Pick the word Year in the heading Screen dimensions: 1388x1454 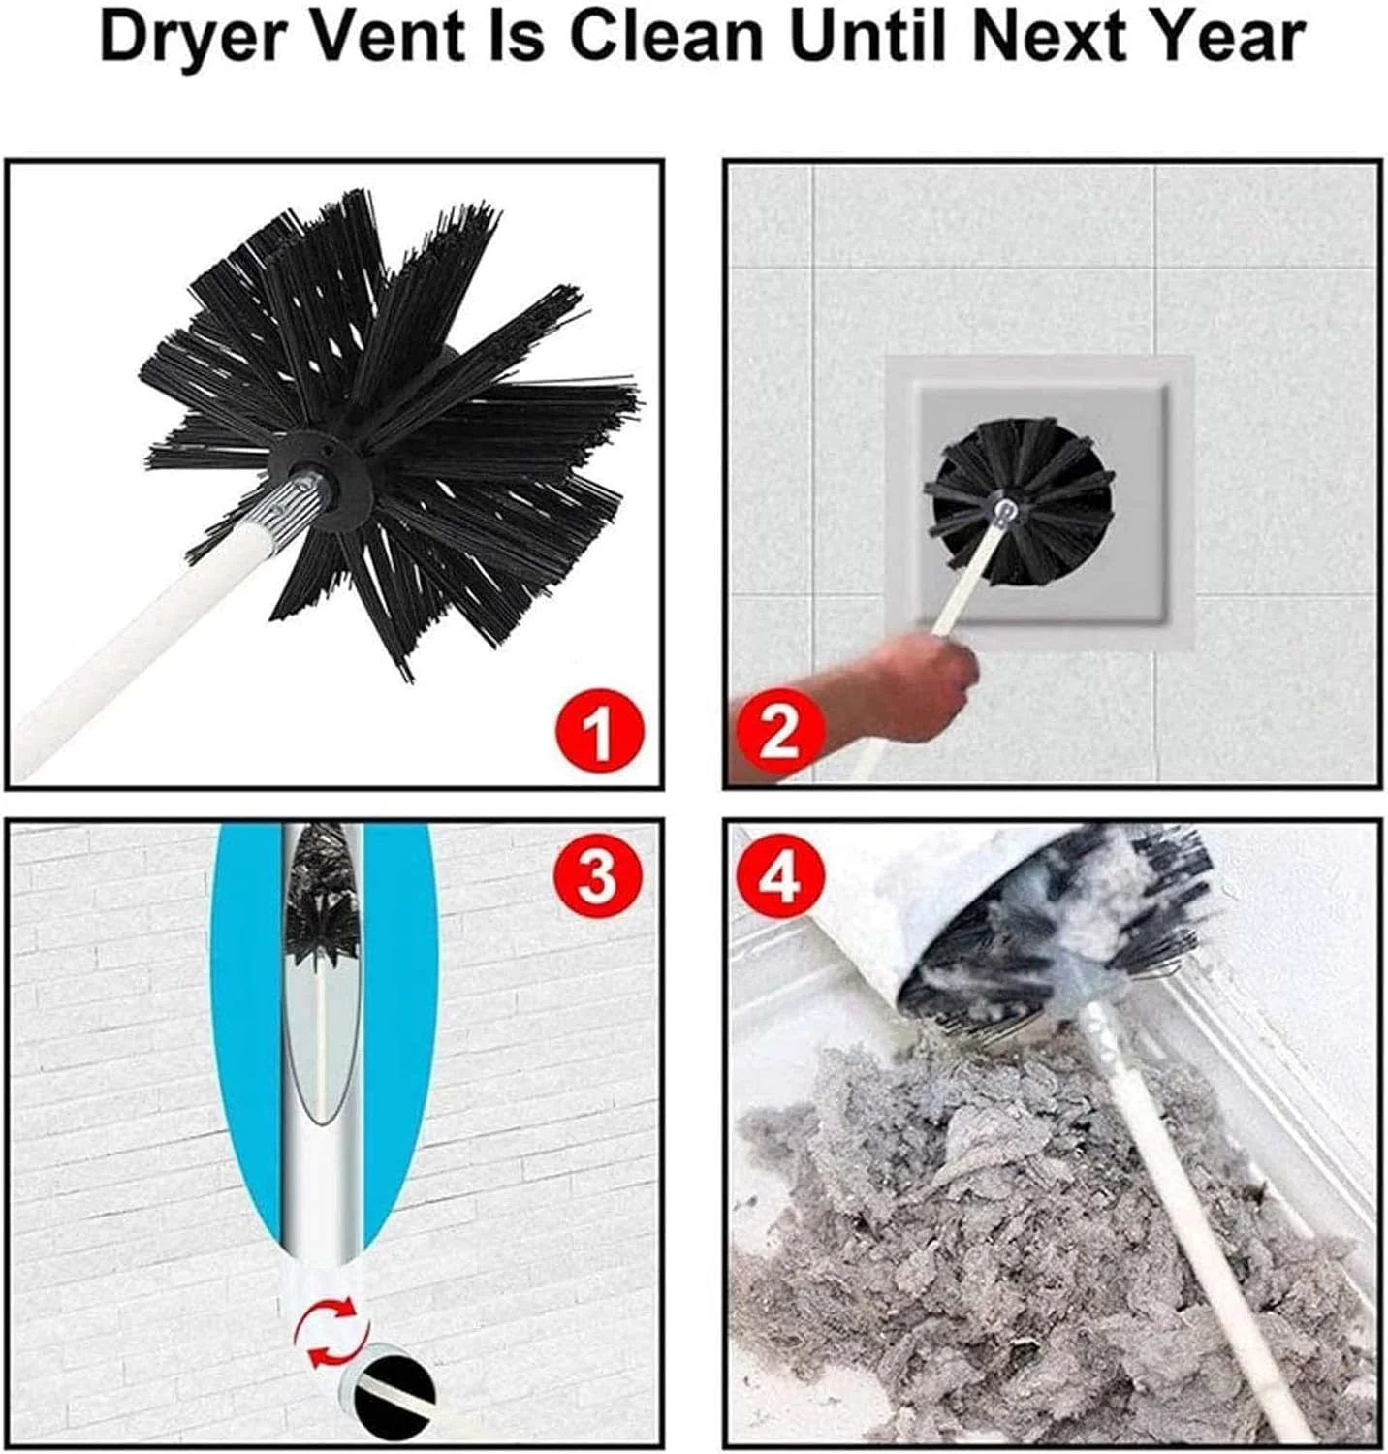point(1224,37)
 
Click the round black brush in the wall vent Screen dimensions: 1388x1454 point(1019,503)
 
